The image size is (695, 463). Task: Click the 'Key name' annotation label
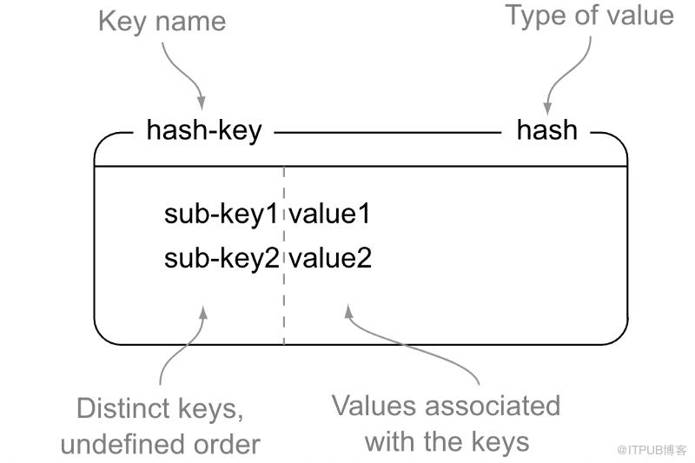[x=162, y=21]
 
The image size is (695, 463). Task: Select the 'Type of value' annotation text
[x=590, y=16]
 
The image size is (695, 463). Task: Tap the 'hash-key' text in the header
[x=204, y=130]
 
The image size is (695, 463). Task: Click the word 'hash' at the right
[x=547, y=129]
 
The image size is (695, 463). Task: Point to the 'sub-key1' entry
[x=221, y=215]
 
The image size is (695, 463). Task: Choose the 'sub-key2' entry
[x=222, y=258]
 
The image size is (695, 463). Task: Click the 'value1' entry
[x=329, y=214]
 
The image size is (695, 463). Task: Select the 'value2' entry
[x=330, y=257]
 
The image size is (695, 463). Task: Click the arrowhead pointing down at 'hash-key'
[x=202, y=103]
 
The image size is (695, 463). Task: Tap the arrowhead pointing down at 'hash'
[x=547, y=107]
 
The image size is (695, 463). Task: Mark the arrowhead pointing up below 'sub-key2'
[x=204, y=314]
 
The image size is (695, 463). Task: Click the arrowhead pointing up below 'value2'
[x=349, y=312]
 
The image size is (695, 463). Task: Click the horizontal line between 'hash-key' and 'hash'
[x=387, y=133]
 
